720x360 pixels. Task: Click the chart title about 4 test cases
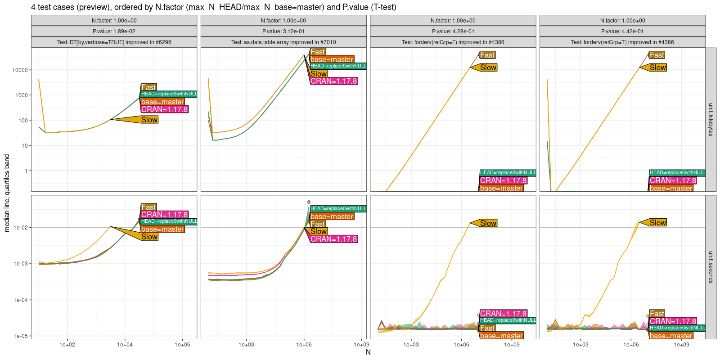[x=213, y=7]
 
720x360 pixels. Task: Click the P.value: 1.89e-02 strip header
[x=114, y=31]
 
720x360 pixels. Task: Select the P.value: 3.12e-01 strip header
[x=283, y=31]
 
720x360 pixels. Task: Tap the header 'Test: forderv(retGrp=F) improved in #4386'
[x=453, y=42]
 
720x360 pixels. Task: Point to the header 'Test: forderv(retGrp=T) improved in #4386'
[x=622, y=42]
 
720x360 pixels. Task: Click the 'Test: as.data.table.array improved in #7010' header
[x=283, y=42]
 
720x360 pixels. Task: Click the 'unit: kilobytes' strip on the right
[x=711, y=119]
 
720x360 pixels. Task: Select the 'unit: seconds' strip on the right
[x=711, y=267]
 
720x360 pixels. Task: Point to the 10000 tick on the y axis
[x=20, y=70]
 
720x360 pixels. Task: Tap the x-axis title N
[x=368, y=352]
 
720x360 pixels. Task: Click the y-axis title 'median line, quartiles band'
[x=7, y=193]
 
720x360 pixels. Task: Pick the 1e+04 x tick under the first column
[x=125, y=345]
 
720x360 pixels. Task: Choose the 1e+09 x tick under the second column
[x=361, y=345]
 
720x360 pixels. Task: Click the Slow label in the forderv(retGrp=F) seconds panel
[x=488, y=223]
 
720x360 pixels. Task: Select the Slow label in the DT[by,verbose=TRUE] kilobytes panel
[x=149, y=120]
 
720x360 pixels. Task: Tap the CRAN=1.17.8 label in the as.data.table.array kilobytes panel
[x=333, y=81]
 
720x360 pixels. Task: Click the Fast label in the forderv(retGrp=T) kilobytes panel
[x=657, y=55]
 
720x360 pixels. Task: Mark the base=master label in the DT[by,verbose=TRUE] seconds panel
[x=162, y=229]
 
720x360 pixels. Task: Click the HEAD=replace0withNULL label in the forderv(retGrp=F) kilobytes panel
[x=508, y=173]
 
